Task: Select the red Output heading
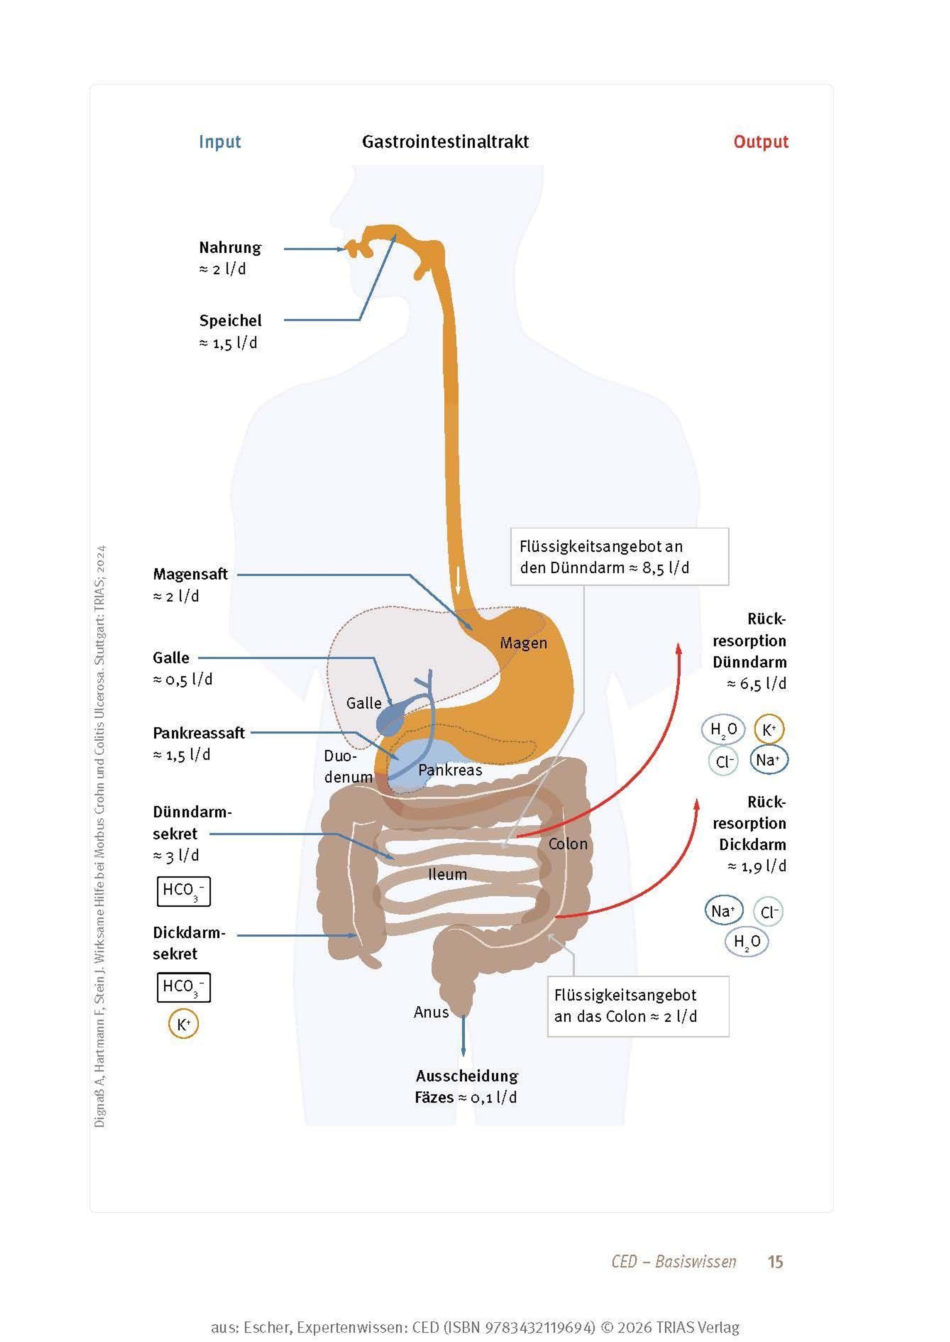[760, 142]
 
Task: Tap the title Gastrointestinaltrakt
[445, 142]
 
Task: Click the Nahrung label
[230, 248]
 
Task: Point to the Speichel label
[230, 321]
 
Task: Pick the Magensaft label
[190, 574]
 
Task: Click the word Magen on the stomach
[523, 643]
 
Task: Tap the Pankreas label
[450, 770]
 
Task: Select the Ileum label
[448, 874]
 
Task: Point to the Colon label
[567, 844]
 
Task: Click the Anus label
[431, 1012]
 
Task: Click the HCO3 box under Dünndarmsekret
[183, 891]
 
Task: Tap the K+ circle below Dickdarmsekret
[183, 1024]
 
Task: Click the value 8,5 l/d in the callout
[666, 568]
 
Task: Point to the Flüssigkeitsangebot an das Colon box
[638, 1006]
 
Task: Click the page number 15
[775, 1262]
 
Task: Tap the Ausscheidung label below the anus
[467, 1076]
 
